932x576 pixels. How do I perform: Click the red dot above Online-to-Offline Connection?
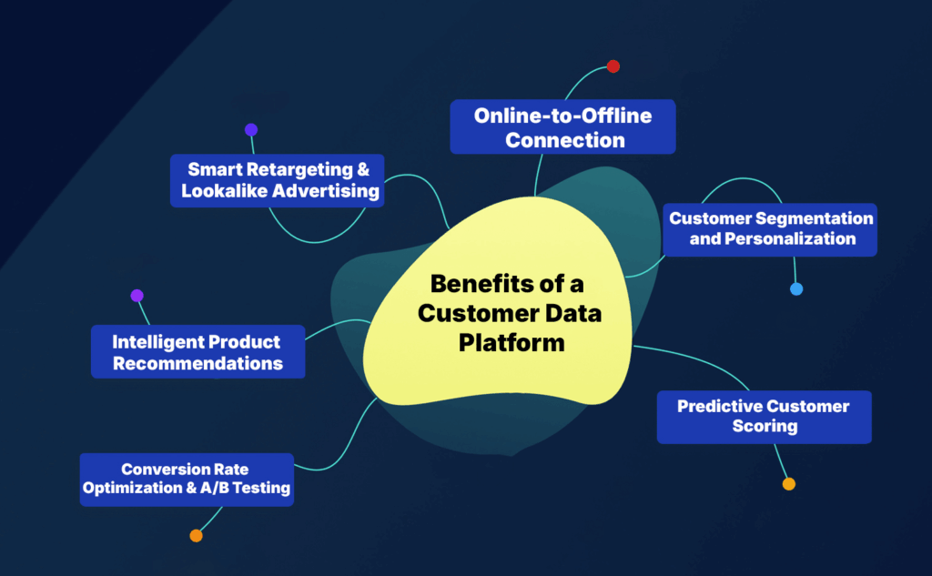click(613, 66)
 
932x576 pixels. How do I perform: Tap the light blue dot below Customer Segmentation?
click(796, 289)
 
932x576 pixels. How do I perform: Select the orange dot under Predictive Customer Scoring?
click(789, 484)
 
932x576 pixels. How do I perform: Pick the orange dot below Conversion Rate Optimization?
click(196, 536)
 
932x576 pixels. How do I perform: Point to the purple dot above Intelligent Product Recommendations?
click(137, 296)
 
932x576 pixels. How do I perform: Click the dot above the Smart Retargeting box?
click(251, 129)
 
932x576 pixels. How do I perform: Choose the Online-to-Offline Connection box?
click(563, 127)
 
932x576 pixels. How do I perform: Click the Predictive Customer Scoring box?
click(765, 417)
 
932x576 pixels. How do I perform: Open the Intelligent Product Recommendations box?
click(198, 352)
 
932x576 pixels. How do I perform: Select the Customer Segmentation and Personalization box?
click(771, 229)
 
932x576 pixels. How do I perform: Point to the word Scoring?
click(765, 426)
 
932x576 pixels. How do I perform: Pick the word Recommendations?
click(198, 363)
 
